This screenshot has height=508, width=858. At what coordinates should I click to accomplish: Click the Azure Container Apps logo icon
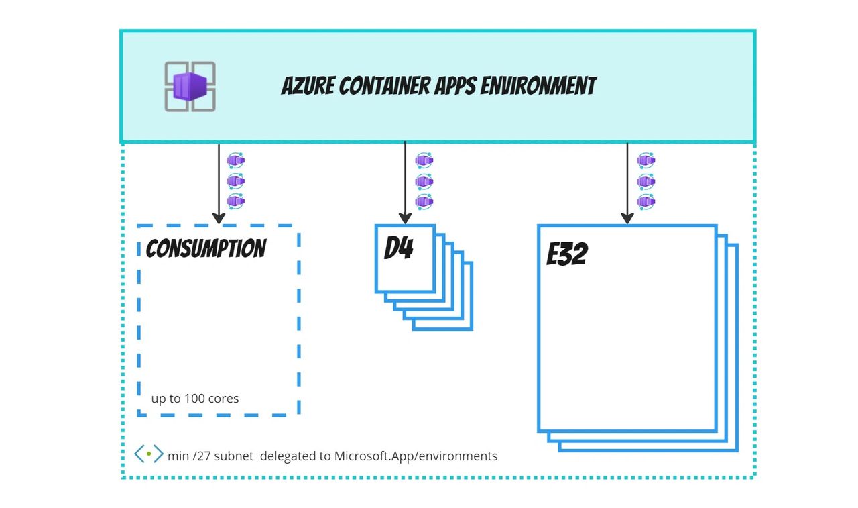tap(190, 87)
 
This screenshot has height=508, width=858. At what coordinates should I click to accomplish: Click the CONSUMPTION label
tap(206, 249)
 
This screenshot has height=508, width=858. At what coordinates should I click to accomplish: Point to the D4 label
tap(398, 250)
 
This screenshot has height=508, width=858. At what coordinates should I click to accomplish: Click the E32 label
tap(567, 254)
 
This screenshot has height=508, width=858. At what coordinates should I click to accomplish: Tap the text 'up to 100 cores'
tap(195, 399)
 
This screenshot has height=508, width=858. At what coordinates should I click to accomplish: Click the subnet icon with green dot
tap(148, 454)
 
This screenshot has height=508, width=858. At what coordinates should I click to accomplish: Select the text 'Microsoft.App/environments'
tap(416, 456)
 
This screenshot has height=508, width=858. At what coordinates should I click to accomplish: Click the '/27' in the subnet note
tap(200, 456)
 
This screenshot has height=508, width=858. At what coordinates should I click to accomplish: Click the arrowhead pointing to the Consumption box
tap(219, 218)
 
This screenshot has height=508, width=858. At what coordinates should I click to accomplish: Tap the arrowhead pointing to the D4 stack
tap(405, 218)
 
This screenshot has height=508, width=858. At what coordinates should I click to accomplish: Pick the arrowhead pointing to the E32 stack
tap(627, 218)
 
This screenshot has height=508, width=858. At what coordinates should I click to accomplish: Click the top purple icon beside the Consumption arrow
tap(235, 160)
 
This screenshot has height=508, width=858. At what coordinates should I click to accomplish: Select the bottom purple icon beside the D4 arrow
tap(424, 201)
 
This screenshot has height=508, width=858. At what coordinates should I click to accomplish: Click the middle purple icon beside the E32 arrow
tap(646, 181)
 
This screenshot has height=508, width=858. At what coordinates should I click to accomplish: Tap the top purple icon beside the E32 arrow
tap(646, 160)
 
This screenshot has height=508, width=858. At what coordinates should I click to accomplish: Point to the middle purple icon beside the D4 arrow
tap(424, 181)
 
